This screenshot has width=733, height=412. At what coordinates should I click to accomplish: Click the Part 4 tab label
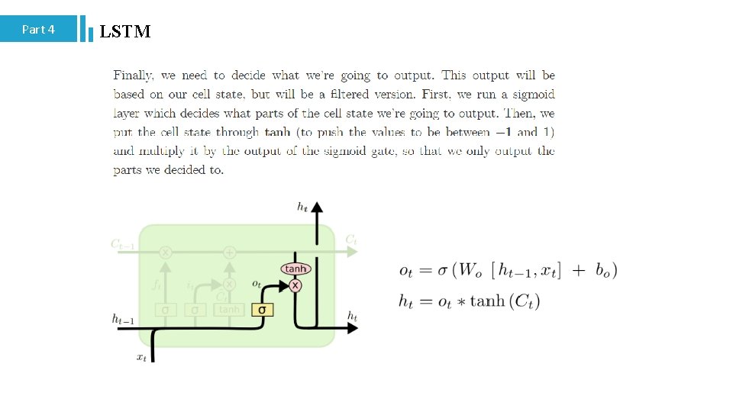pyautogui.click(x=38, y=30)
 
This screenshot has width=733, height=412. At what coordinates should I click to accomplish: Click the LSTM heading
pyautogui.click(x=125, y=31)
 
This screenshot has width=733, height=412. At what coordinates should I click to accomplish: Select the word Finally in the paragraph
pyautogui.click(x=134, y=76)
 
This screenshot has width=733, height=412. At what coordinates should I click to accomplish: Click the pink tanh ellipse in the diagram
pyautogui.click(x=295, y=269)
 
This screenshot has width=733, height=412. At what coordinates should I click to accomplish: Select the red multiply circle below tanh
pyautogui.click(x=295, y=285)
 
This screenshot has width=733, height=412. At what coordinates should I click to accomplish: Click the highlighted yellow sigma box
pyautogui.click(x=263, y=310)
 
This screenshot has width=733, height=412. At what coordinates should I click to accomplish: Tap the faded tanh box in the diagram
pyautogui.click(x=229, y=310)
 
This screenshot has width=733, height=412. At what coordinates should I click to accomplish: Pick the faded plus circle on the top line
pyautogui.click(x=229, y=252)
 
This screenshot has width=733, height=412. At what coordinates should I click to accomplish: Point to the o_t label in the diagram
pyautogui.click(x=257, y=283)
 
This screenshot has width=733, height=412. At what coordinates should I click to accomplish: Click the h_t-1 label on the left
pyautogui.click(x=123, y=320)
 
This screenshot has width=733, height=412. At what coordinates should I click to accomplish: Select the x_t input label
pyautogui.click(x=141, y=357)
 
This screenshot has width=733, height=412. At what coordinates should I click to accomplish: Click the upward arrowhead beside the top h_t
pyautogui.click(x=318, y=207)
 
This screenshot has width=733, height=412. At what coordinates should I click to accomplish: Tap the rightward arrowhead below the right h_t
pyautogui.click(x=353, y=327)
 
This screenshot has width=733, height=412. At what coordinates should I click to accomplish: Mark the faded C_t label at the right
pyautogui.click(x=351, y=240)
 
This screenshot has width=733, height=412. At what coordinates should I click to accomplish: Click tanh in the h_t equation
pyautogui.click(x=487, y=301)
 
